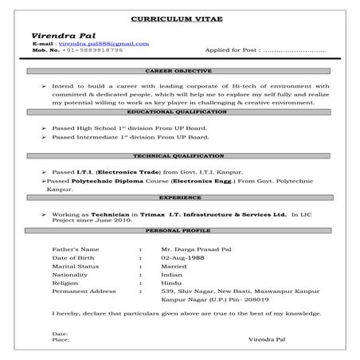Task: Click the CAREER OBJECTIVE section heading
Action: pos(180,71)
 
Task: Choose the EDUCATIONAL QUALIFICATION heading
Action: pos(180,112)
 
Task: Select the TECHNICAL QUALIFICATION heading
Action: pos(180,155)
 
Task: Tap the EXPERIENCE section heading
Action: pos(180,197)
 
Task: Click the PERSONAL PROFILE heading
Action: pos(180,229)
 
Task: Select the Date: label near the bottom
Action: pos(60,332)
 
